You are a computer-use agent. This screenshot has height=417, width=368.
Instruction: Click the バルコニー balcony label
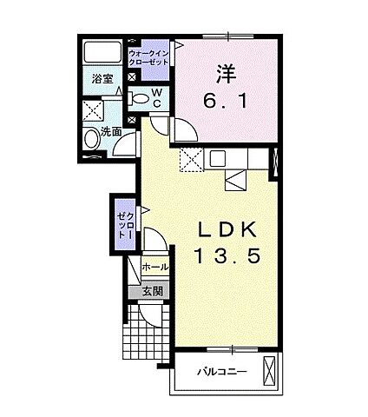(x=220, y=372)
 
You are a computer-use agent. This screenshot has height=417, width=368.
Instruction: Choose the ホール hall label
(x=154, y=268)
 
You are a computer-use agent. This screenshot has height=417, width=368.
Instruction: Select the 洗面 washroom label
(x=109, y=133)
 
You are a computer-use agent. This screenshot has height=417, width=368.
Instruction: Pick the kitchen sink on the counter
(x=216, y=160)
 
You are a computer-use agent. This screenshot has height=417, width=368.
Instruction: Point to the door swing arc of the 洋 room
(x=186, y=131)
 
